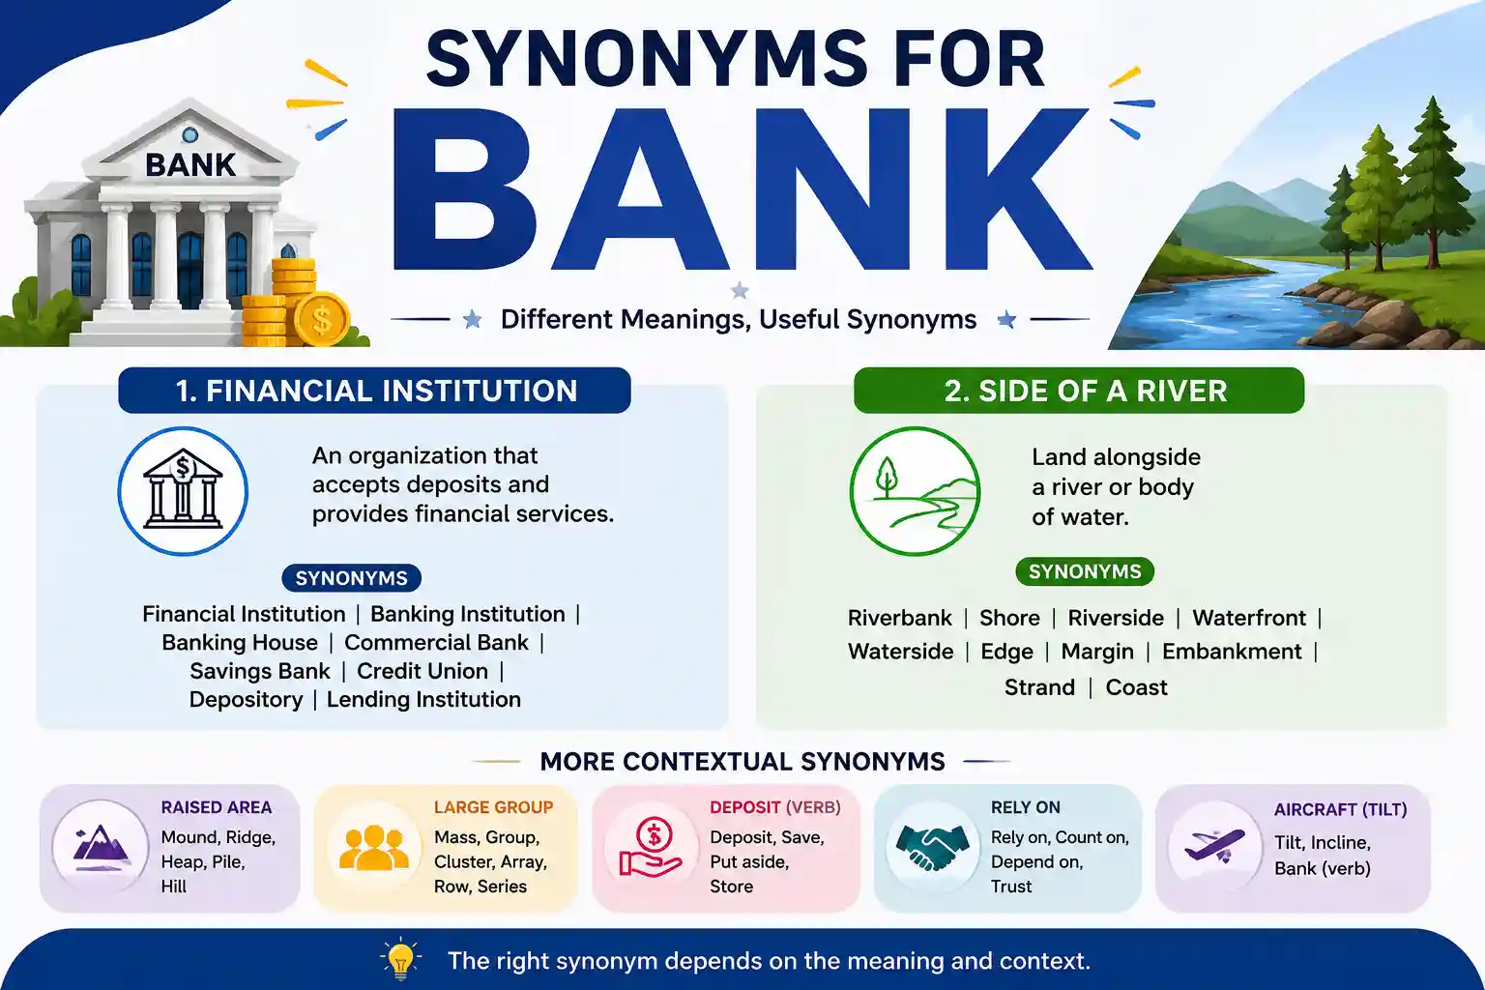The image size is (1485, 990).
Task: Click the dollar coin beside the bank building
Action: pos(322,320)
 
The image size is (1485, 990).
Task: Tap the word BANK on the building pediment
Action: pos(190,165)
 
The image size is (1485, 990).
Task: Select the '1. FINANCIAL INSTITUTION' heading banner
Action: pos(374,391)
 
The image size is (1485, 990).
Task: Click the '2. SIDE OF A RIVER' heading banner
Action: pos(1079,391)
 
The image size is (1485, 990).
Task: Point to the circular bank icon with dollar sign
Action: pos(183,491)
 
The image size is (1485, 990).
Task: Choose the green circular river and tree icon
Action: pos(915,491)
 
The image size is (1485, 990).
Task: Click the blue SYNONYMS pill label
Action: pos(351,578)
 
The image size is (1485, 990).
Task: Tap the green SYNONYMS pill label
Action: pos(1085,571)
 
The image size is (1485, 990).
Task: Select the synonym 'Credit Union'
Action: pos(422,671)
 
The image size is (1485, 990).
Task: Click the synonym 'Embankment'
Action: pos(1232,652)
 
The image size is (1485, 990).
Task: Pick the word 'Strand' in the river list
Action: pos(1039,687)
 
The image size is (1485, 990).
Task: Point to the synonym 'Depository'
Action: pos(246,700)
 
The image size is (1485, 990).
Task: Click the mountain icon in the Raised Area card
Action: pos(101,848)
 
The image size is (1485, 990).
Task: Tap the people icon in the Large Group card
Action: pos(374,848)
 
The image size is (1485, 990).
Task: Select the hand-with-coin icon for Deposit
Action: pos(651,848)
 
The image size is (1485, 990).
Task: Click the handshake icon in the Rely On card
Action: pos(932,848)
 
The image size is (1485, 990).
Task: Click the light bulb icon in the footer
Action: pos(400,959)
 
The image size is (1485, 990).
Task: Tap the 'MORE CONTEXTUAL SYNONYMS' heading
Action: pos(742,762)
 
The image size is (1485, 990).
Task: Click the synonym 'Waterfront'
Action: pos(1249,618)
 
